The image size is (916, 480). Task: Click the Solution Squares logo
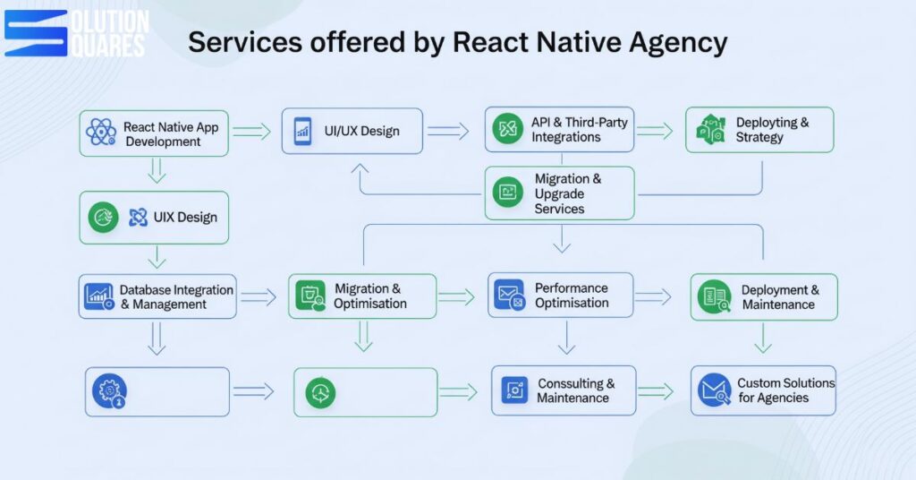tap(75, 33)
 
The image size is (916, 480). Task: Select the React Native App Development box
tap(153, 133)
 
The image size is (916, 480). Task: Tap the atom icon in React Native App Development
tap(101, 133)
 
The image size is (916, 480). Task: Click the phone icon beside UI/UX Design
tap(302, 132)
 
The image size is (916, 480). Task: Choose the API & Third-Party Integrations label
tap(579, 130)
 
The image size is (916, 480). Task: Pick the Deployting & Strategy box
tap(759, 130)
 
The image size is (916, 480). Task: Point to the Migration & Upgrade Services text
tap(568, 193)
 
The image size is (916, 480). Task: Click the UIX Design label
tap(185, 217)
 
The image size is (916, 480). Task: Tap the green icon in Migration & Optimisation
tap(311, 296)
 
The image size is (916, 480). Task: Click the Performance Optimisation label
tap(571, 296)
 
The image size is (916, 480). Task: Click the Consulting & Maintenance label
tap(575, 390)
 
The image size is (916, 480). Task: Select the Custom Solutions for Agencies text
tap(785, 390)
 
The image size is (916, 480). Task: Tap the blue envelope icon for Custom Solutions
tap(714, 390)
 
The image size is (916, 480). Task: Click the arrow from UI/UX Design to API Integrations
tap(448, 132)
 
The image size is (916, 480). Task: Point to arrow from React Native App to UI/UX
tap(251, 132)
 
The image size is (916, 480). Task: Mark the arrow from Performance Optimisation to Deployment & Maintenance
tap(653, 296)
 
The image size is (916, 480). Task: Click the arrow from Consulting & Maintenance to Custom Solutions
tap(655, 391)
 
